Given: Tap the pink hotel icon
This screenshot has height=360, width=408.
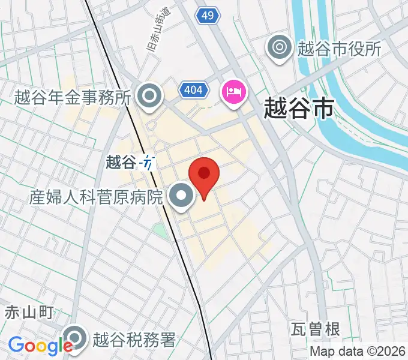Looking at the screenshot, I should click(234, 92).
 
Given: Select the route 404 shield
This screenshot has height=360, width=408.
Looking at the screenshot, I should click(194, 91).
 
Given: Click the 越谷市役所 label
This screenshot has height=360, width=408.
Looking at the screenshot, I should click(340, 48).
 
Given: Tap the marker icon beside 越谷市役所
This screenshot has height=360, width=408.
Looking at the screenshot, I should click(280, 47).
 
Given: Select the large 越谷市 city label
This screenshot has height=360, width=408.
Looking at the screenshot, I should click(299, 110).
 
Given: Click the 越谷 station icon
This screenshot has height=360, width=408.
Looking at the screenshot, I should click(147, 162).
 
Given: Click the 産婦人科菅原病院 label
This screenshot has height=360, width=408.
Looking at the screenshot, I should click(96, 196).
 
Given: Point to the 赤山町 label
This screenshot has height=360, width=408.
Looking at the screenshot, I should click(29, 312).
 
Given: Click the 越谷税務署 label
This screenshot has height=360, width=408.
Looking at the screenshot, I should click(134, 340).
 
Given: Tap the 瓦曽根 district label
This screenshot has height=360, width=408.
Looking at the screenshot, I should click(316, 329).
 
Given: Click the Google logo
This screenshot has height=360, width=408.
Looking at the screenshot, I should click(40, 346).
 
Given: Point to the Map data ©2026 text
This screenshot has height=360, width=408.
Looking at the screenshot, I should click(358, 352).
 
